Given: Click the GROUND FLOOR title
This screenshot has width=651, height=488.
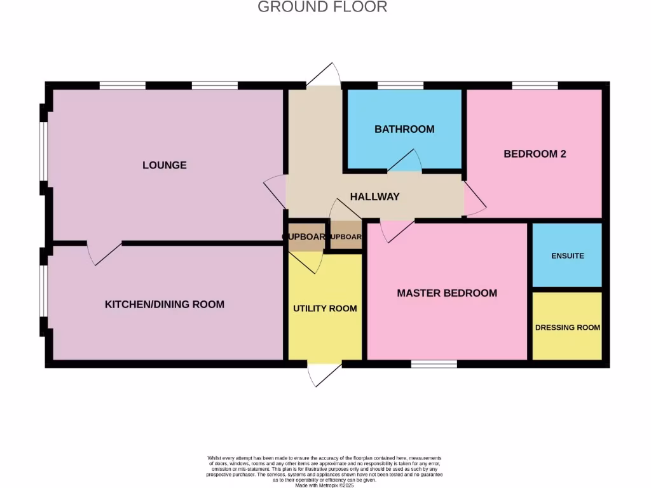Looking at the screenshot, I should [x=322, y=7].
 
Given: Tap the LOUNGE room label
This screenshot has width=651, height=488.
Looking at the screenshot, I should [x=165, y=165].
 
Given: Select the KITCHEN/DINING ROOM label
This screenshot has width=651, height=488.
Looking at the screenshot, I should [x=165, y=304].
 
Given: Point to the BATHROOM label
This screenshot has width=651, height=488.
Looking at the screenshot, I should [x=404, y=129].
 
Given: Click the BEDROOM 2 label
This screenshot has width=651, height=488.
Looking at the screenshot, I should [x=535, y=154].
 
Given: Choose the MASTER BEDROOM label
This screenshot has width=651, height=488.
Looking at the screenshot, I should [x=447, y=293].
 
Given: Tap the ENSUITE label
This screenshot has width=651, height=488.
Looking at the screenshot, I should [x=567, y=256].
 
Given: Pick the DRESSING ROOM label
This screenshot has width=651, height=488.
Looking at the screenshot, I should [x=567, y=328].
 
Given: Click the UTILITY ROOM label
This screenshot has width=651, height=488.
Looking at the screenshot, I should [x=325, y=309].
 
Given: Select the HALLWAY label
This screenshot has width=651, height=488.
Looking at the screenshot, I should [x=374, y=197].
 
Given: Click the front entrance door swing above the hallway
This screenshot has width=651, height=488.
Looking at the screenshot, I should [x=322, y=76].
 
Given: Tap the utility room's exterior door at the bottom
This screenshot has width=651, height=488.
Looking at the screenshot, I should [x=322, y=375].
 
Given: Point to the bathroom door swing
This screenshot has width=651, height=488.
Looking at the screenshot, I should [x=405, y=161].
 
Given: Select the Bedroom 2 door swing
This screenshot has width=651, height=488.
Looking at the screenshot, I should [x=474, y=198].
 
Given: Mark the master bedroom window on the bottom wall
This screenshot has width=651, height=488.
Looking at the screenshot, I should [x=434, y=364].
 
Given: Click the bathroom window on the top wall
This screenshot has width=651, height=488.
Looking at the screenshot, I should [x=401, y=85].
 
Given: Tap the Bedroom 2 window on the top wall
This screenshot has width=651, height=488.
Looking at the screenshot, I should [x=535, y=85].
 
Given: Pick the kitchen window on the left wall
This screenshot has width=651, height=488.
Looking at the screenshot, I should [x=43, y=290].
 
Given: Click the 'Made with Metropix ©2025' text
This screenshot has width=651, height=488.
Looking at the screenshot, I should [x=325, y=485].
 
